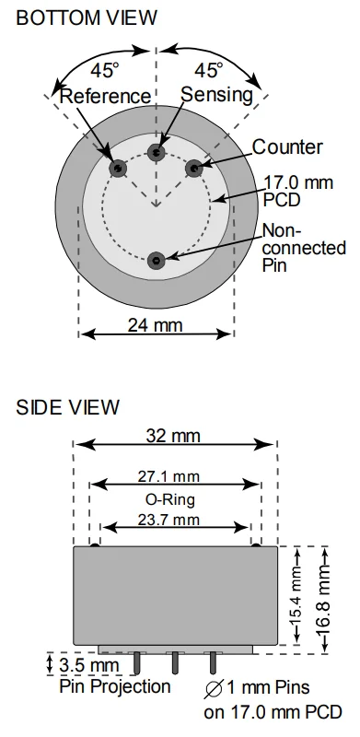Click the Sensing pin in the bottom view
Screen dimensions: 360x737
click(156, 152)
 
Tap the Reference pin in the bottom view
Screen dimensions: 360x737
click(118, 168)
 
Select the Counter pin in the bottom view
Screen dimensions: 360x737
click(193, 168)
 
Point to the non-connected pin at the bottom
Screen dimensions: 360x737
click(156, 261)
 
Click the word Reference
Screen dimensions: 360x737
click(106, 96)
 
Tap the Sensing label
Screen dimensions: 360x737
click(217, 95)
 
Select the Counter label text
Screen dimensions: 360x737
click(287, 147)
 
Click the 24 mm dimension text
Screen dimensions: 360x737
click(155, 325)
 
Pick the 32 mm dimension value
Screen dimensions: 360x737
click(173, 436)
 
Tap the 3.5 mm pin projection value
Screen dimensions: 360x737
click(89, 665)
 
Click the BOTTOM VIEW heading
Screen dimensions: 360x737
click(87, 18)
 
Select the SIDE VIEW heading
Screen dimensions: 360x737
click(68, 407)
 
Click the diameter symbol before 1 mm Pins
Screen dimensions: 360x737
click(214, 688)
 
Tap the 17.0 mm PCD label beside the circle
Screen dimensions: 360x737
click(297, 190)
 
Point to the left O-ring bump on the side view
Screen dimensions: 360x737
click(95, 545)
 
